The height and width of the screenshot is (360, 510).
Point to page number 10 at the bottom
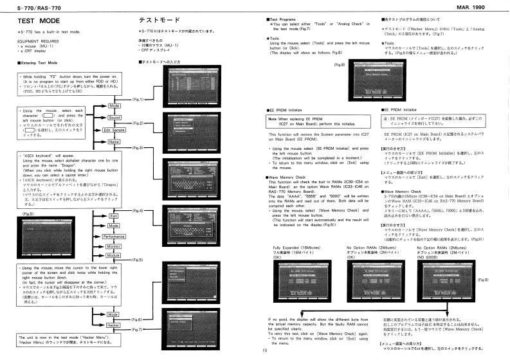coord(264,351)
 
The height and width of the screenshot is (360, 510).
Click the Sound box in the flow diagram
coord(114,117)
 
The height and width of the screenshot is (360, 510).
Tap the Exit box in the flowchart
coord(114,217)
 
